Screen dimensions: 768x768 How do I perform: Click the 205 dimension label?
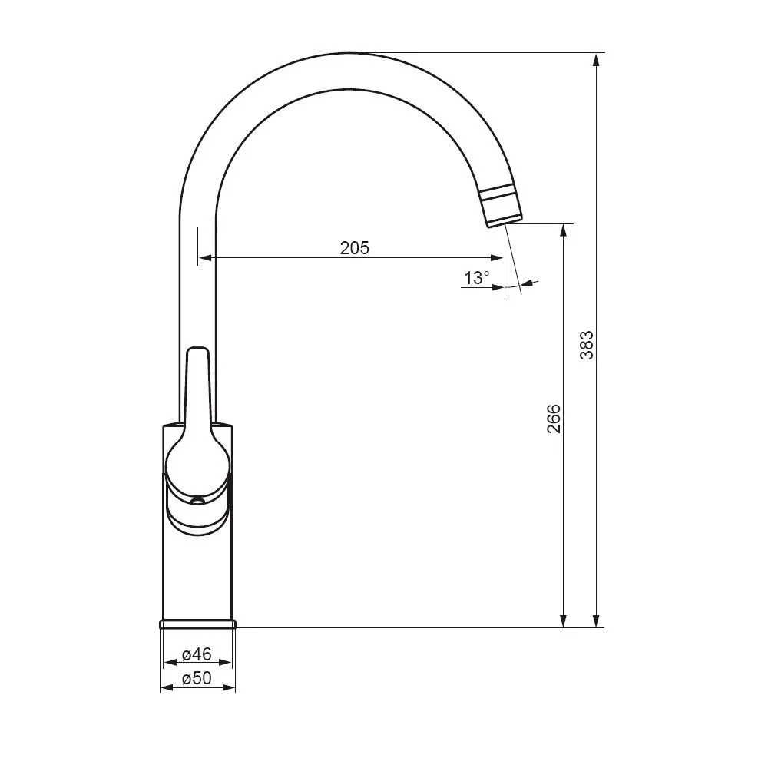tap(355, 248)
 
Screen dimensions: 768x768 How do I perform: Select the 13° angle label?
tap(477, 278)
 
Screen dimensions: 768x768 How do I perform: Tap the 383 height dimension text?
tap(586, 345)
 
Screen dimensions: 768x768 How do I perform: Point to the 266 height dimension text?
tap(554, 419)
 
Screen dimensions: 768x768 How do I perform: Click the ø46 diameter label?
tap(197, 654)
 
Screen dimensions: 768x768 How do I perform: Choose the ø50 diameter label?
tap(197, 678)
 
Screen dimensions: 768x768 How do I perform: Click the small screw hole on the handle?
tap(197, 502)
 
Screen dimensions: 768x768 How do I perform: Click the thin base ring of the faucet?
tap(197, 624)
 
